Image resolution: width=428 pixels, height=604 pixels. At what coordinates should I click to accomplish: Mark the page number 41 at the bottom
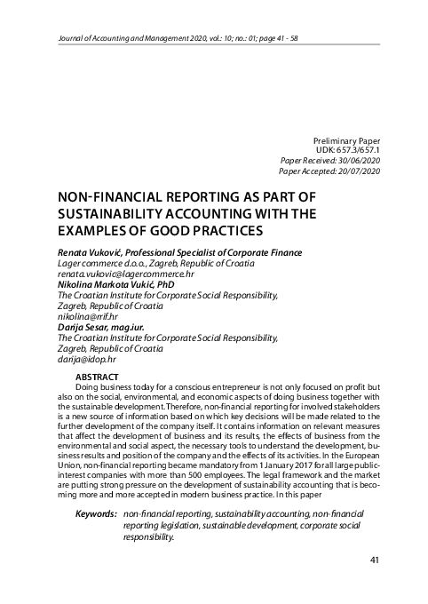[373, 560]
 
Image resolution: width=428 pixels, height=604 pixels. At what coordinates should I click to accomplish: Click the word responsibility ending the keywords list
[149, 536]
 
